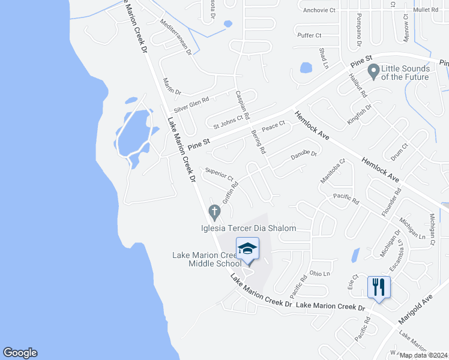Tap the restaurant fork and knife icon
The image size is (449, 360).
(x=379, y=287)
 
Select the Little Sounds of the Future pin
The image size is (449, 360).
(x=373, y=71)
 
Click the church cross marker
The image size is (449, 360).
(x=213, y=212)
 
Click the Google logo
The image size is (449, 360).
(x=20, y=353)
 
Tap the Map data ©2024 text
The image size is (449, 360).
(x=423, y=355)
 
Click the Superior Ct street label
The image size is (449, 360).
(x=219, y=175)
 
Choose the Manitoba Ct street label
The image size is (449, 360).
(x=334, y=170)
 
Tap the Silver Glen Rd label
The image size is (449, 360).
(x=191, y=106)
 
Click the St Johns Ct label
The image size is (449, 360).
(x=228, y=122)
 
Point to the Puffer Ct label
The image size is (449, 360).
(x=310, y=35)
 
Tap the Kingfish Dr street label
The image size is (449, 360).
(x=360, y=114)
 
